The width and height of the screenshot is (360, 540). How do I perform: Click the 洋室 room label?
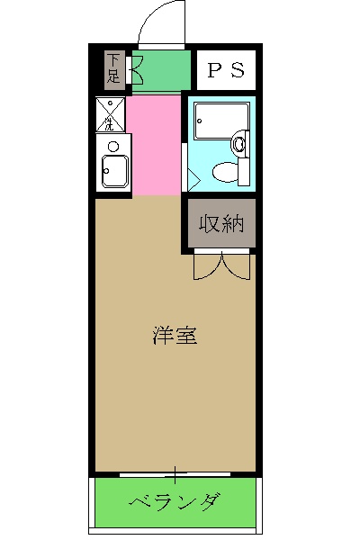tap(175, 337)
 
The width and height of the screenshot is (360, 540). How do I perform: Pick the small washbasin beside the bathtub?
tap(239, 142)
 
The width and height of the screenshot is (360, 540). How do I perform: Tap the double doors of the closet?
tap(220, 266)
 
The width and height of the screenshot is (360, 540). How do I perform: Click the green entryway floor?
tap(162, 70)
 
